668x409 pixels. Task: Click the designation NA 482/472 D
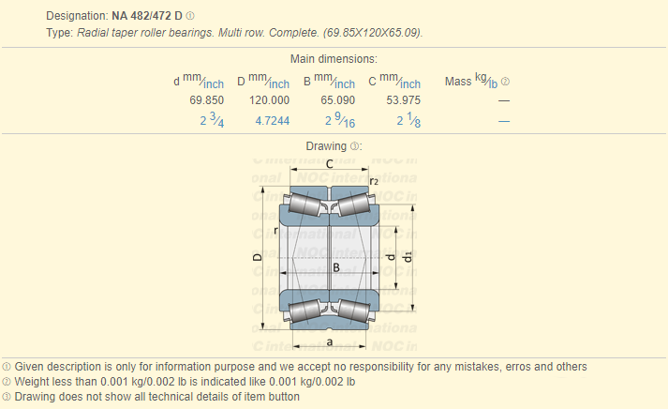[x=147, y=16]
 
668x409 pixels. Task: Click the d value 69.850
[x=207, y=100]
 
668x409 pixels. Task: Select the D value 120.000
[x=269, y=100]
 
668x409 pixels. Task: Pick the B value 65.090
[x=338, y=100]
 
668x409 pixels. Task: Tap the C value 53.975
[x=404, y=100]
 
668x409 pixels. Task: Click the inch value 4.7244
[x=273, y=121]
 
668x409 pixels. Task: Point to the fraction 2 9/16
[x=340, y=120]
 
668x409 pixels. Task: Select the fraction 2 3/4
[x=212, y=120]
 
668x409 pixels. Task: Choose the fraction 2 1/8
[x=408, y=120]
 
